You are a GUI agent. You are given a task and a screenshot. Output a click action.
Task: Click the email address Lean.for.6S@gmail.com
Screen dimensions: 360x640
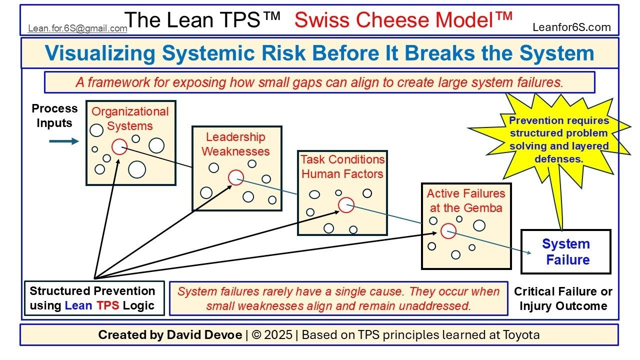77,28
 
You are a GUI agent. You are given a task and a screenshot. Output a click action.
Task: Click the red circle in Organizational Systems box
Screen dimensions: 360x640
119,146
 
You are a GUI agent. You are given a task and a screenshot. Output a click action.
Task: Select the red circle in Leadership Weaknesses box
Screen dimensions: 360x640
236,177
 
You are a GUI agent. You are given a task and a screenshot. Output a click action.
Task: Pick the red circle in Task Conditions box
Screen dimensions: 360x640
346,205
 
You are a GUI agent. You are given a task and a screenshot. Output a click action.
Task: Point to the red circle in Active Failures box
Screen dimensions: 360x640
448,230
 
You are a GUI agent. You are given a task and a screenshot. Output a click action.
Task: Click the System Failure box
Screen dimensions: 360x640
566,252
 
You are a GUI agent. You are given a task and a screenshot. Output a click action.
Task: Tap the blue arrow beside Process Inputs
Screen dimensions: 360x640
64,141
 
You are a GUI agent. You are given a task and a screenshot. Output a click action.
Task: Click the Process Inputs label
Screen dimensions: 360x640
54,115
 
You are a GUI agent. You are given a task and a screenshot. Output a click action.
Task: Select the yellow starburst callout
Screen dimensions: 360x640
559,140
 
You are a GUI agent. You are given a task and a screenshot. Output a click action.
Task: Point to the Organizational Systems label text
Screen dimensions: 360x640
130,118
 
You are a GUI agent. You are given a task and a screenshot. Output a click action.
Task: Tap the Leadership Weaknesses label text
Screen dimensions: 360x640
235,144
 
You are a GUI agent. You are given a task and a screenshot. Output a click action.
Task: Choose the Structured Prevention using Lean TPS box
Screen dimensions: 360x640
94,298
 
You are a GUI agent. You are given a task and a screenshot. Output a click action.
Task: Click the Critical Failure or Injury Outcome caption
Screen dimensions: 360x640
563,298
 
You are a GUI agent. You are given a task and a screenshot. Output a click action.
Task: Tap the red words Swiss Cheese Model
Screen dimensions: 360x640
403,20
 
